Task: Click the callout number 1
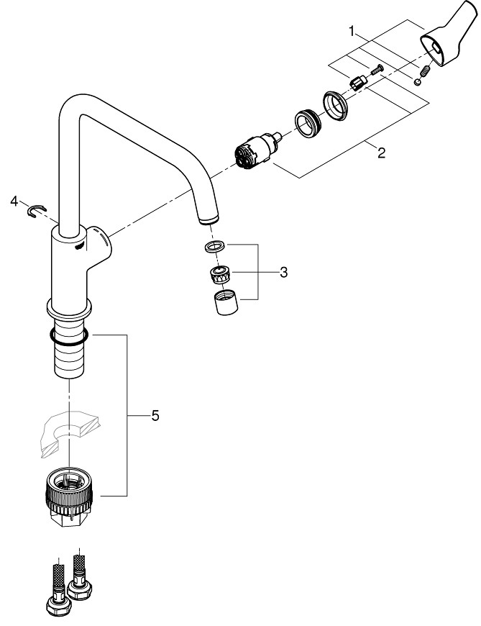click(352, 31)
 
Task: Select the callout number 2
click(381, 153)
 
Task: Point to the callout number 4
click(14, 202)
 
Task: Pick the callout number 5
click(155, 416)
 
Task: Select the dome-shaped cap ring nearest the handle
click(334, 104)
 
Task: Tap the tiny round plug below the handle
click(418, 82)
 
